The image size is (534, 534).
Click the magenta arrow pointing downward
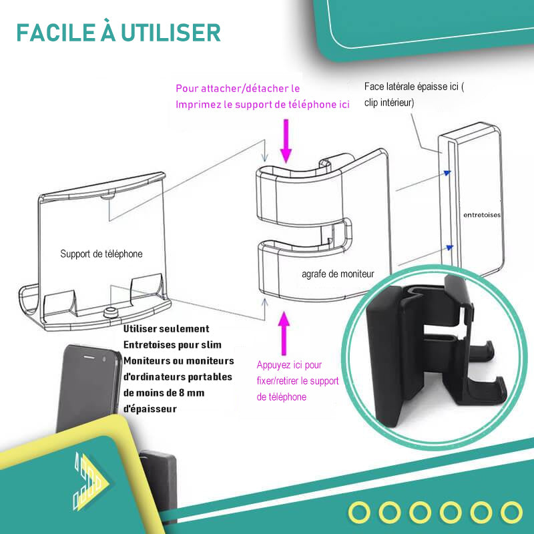coord(286,141)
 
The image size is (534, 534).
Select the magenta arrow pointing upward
coord(284,333)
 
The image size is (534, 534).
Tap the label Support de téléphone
coord(101,254)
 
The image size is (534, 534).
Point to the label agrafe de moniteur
coord(338,274)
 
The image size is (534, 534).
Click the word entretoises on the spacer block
coord(482,215)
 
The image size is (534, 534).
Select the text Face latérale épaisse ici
coord(411,87)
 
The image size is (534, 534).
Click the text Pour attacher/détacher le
coord(238,89)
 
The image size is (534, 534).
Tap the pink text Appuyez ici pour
coord(289,365)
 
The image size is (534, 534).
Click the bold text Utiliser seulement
coord(166,328)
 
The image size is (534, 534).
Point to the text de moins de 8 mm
coord(164,392)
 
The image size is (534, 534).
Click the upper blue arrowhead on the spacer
coord(447,173)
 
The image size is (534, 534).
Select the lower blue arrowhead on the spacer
coord(450,247)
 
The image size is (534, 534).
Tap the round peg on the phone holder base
coord(110,312)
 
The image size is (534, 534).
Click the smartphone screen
coord(87,388)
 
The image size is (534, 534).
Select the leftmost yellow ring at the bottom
coord(359,512)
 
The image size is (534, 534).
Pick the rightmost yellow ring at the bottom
coord(511,512)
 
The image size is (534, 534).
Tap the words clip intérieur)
coord(389,103)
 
